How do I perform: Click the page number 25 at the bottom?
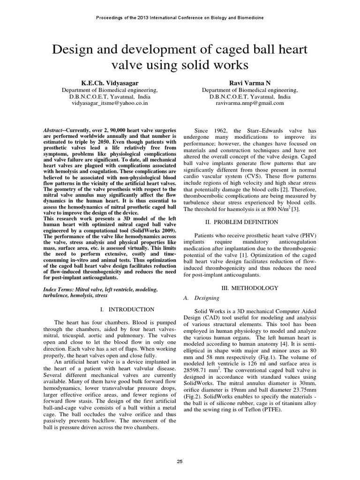180,462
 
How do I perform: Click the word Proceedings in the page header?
109,17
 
